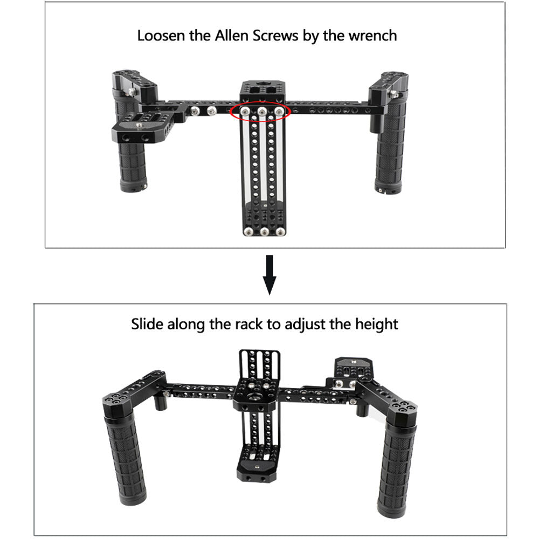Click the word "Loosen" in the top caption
(x=161, y=36)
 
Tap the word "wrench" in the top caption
(x=372, y=36)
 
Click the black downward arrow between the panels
(x=269, y=275)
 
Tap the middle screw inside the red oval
(x=262, y=112)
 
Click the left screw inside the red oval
(x=245, y=112)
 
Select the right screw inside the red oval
(x=279, y=112)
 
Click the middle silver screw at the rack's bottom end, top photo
(x=264, y=232)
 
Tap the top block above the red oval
(x=262, y=91)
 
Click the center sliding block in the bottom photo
(x=255, y=393)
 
